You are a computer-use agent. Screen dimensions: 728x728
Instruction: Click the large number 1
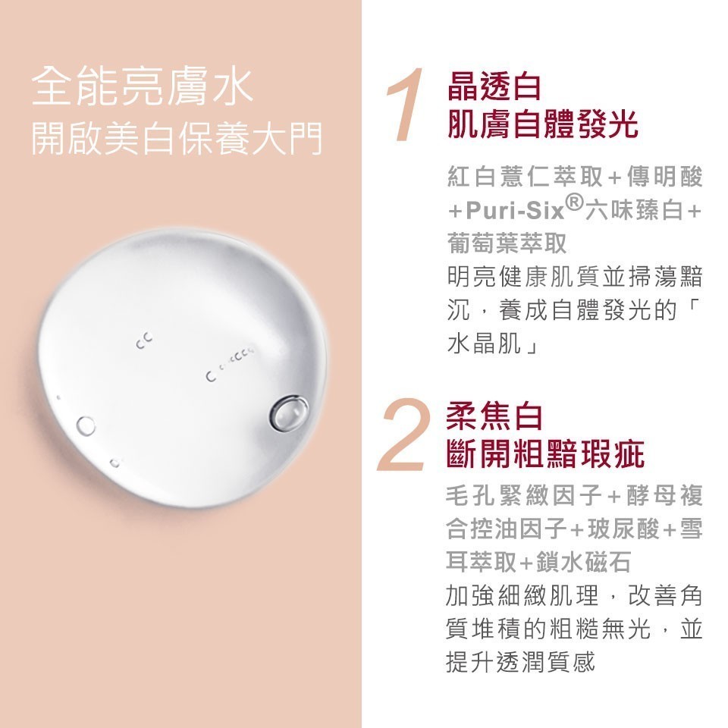click(405, 104)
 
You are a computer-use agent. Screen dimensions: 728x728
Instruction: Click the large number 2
click(403, 434)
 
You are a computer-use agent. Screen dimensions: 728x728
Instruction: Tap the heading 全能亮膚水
click(143, 86)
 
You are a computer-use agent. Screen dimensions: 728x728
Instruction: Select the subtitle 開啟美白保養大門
click(177, 138)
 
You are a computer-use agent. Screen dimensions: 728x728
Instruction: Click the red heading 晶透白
click(494, 86)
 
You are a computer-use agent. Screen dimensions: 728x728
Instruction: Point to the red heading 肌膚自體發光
click(542, 124)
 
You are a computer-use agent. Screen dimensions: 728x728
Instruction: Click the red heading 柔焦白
click(494, 416)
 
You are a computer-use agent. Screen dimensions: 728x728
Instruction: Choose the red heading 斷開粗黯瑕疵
click(544, 453)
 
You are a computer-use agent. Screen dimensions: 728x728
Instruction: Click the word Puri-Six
click(516, 210)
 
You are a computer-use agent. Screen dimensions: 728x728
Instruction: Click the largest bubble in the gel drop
click(290, 413)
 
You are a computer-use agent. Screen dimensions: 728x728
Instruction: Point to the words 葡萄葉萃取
click(507, 243)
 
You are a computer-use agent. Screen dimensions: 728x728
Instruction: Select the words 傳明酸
click(665, 177)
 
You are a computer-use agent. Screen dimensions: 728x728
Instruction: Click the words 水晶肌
click(484, 344)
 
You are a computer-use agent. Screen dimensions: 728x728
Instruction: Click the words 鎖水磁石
click(584, 563)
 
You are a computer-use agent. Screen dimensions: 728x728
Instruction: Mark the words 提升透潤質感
click(520, 661)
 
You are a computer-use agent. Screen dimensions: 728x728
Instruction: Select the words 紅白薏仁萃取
click(525, 177)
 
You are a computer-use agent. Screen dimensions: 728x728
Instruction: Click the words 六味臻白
click(633, 210)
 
